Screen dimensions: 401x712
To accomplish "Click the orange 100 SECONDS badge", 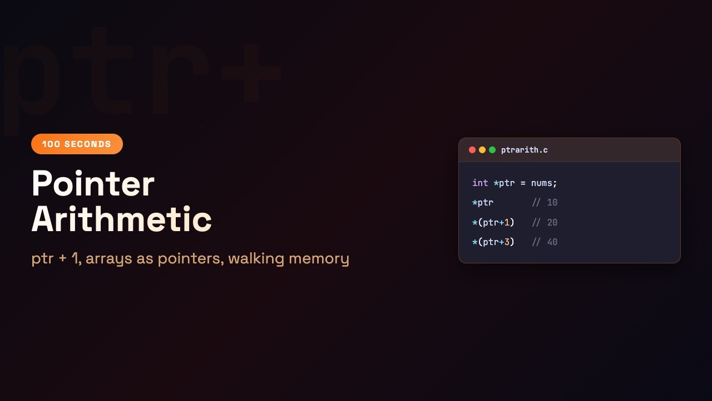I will (x=77, y=144).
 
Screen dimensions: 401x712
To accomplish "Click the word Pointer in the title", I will (x=93, y=184).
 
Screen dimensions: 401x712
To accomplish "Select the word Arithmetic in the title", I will (x=121, y=219).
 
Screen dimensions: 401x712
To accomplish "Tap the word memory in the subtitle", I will (x=319, y=259).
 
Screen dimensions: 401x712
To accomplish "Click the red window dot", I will (x=472, y=150).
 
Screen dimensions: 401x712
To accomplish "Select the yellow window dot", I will (x=482, y=150).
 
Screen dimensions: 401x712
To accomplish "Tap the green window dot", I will (x=492, y=150).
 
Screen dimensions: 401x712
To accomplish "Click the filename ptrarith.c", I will (x=525, y=150).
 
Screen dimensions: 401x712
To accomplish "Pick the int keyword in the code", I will (x=480, y=183).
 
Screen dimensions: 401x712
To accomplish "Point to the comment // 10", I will (x=545, y=203).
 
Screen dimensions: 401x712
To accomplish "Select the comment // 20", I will (x=545, y=223).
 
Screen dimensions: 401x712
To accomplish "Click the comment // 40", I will (x=545, y=242).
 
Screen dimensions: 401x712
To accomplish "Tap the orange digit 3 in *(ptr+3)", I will (x=507, y=242).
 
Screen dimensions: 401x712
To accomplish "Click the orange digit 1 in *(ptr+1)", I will (x=507, y=223).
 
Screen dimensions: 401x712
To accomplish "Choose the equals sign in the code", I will (x=523, y=183).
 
